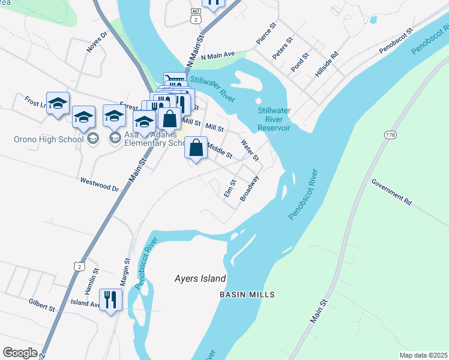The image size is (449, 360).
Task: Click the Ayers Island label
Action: tap(200, 278)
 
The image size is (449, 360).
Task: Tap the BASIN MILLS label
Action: tap(247, 295)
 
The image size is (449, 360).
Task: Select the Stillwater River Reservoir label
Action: tap(274, 119)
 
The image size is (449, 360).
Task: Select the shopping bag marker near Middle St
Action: tap(196, 148)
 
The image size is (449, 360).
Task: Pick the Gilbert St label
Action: tap(41, 307)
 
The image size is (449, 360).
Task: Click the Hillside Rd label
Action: tap(327, 64)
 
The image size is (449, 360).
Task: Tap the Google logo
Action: tap(20, 353)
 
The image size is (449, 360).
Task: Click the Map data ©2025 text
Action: tap(423, 355)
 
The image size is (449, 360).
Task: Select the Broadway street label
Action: tap(250, 188)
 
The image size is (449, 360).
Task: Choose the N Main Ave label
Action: tap(220, 57)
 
